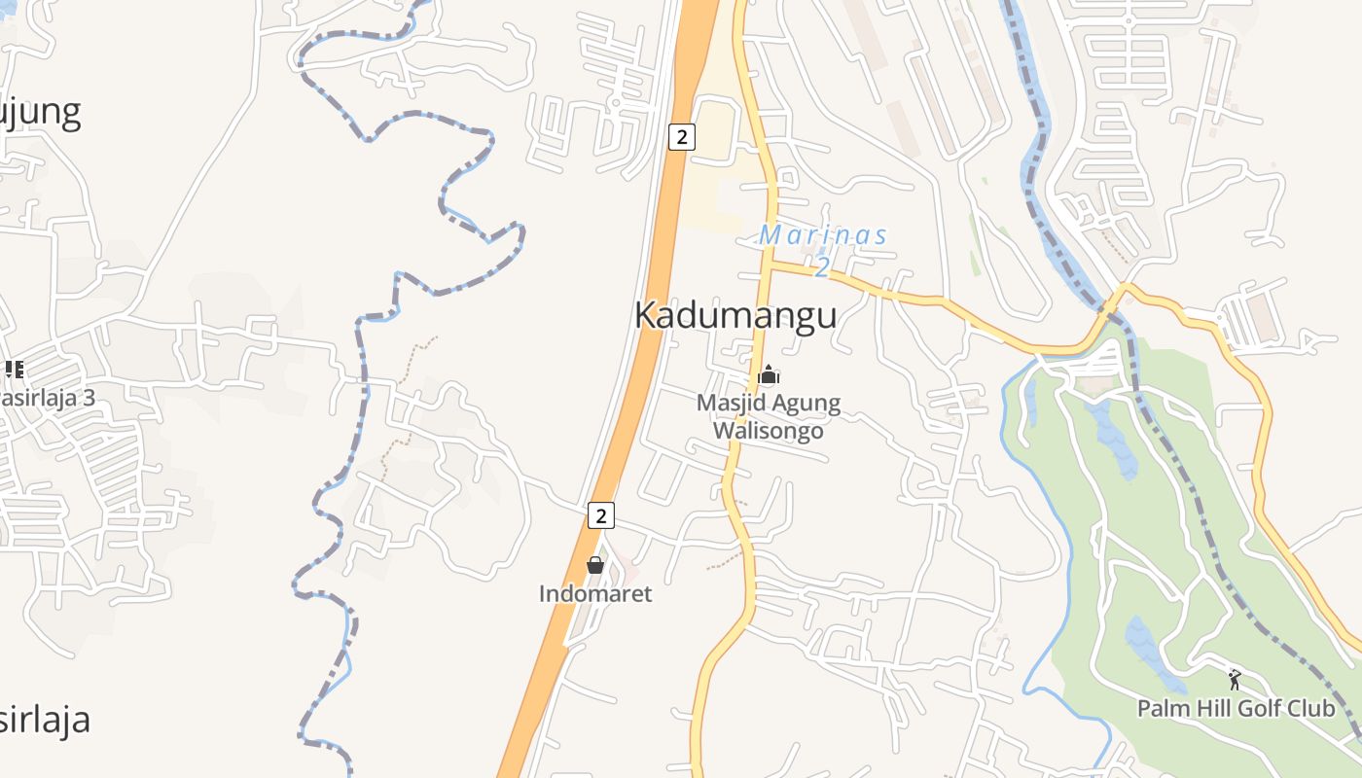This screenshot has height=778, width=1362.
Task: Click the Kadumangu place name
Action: click(735, 316)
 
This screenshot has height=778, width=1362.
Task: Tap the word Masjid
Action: click(729, 403)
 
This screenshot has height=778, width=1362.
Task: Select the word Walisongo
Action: click(769, 431)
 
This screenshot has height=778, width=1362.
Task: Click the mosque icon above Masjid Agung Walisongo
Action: click(769, 374)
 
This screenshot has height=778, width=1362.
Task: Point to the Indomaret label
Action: click(595, 593)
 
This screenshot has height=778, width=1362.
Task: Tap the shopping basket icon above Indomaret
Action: click(595, 565)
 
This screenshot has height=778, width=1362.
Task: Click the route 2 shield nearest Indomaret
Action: click(601, 515)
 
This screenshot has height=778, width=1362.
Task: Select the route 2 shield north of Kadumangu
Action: click(682, 137)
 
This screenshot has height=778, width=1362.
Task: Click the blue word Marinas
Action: click(823, 235)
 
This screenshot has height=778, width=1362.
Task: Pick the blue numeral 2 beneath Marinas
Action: click(822, 265)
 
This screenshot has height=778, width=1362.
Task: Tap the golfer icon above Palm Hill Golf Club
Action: click(1235, 679)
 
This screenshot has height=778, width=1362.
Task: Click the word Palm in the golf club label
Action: click(1163, 708)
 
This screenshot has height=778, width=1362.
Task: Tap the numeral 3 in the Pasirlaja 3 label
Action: click(89, 398)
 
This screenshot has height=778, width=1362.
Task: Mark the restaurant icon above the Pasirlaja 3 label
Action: click(14, 369)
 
